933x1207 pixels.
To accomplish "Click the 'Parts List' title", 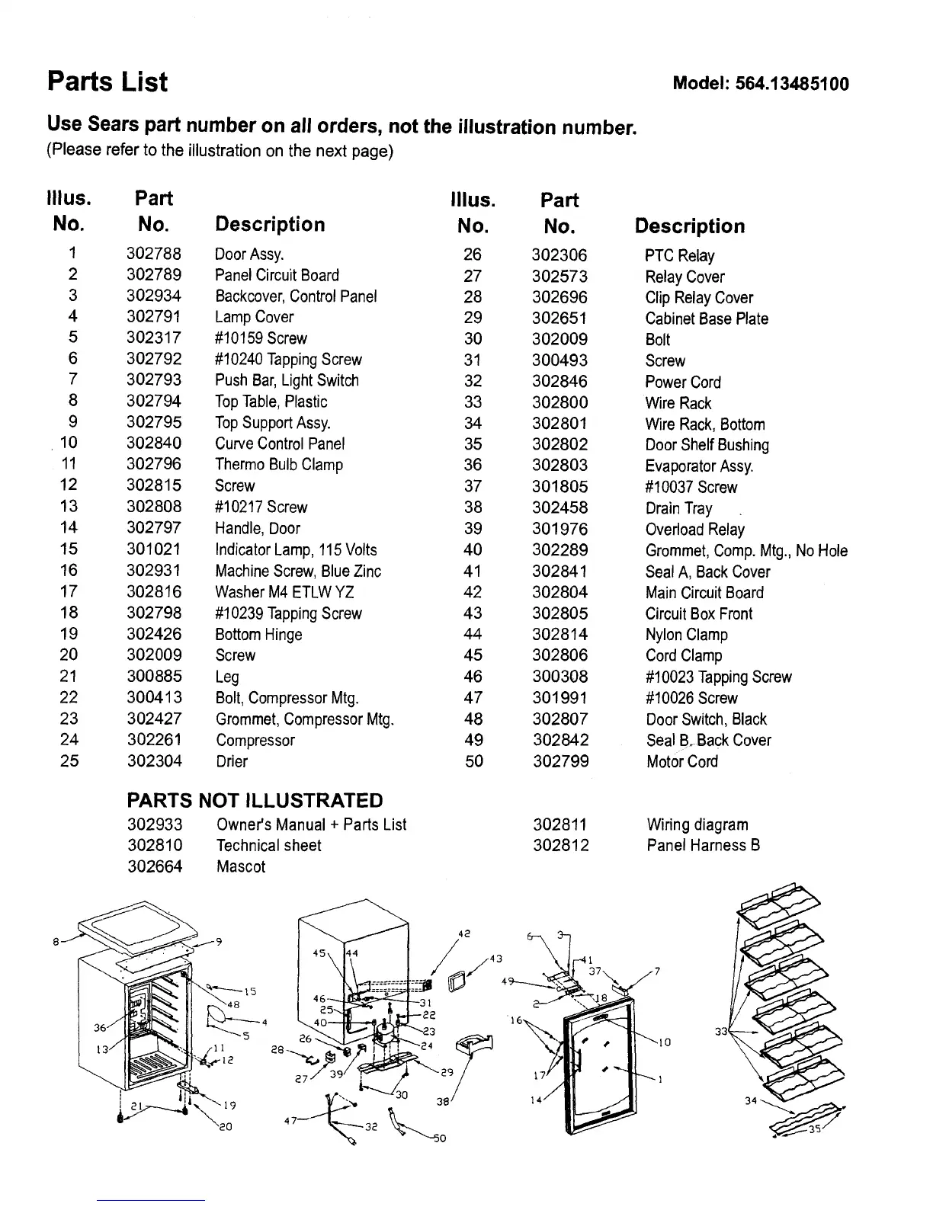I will [x=107, y=82].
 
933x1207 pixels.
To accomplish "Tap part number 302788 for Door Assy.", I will [x=154, y=254].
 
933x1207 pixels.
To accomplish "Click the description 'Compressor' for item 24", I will [x=255, y=740].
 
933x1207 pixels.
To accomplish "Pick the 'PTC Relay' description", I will [x=680, y=256].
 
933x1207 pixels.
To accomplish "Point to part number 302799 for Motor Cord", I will [x=560, y=761].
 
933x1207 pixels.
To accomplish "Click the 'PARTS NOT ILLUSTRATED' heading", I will [x=255, y=800].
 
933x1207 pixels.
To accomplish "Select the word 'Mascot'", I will [x=241, y=866].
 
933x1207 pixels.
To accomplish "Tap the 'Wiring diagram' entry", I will [x=697, y=824].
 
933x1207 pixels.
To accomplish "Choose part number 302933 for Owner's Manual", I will [x=155, y=824].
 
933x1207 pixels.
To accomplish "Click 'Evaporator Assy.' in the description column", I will [x=699, y=466].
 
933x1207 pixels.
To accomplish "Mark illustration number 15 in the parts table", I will [x=69, y=549].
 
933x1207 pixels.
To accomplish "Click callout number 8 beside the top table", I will [x=57, y=942].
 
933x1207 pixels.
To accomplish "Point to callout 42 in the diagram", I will [x=463, y=933].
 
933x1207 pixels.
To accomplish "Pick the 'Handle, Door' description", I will [x=258, y=529].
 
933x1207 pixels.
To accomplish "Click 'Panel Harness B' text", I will [x=704, y=845].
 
